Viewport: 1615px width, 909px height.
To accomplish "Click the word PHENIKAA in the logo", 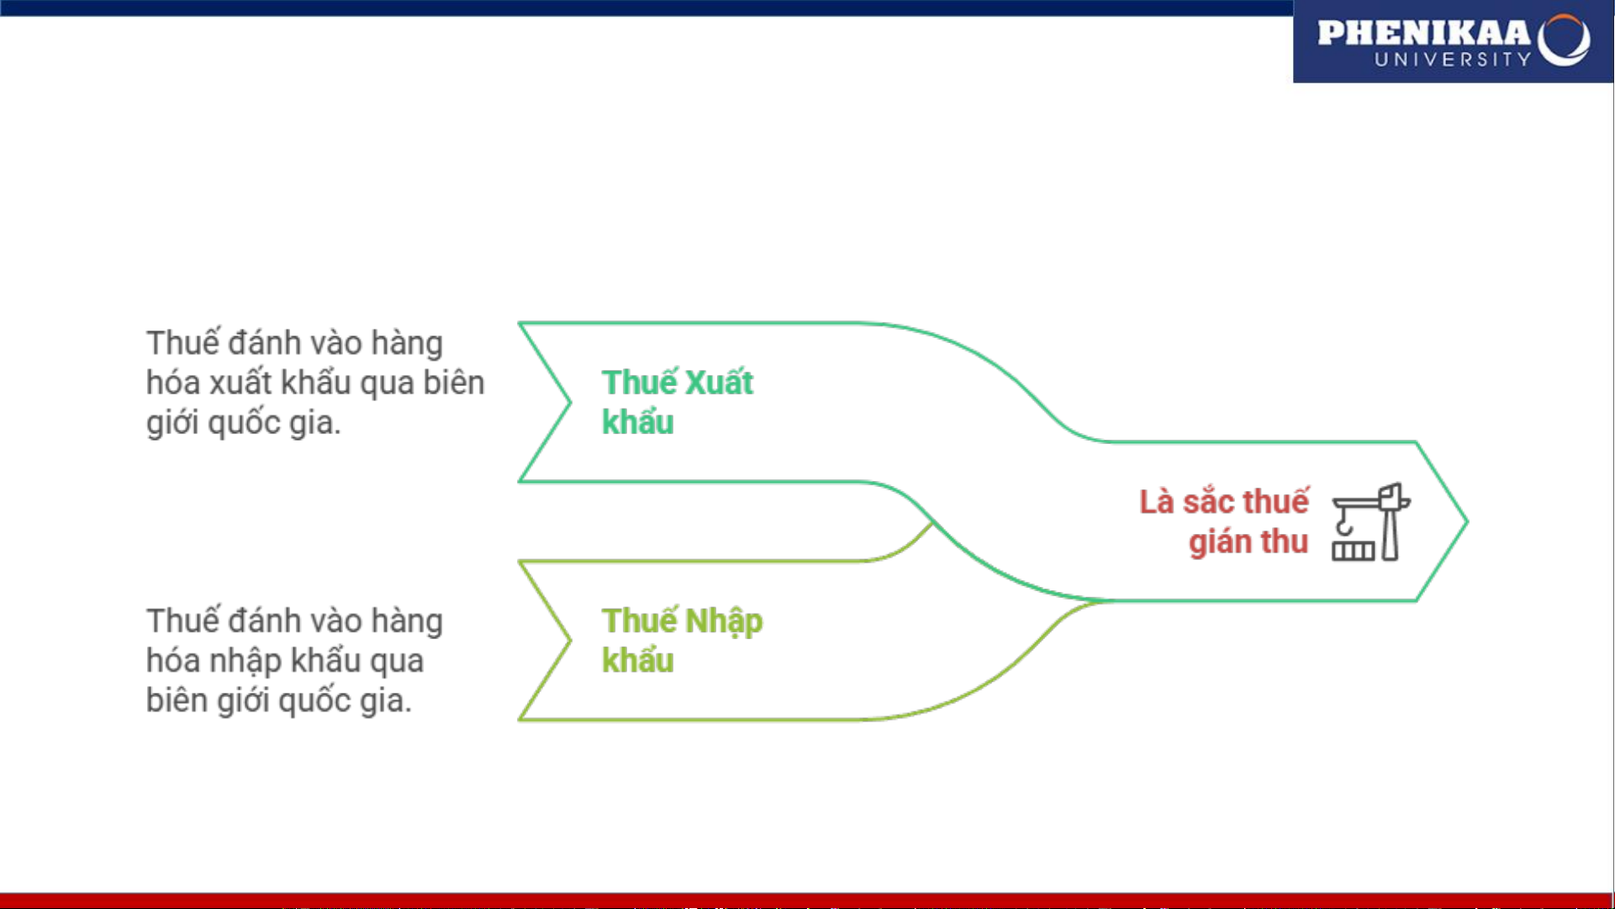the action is (1424, 34).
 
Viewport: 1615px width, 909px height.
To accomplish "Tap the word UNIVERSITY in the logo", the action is (1453, 59).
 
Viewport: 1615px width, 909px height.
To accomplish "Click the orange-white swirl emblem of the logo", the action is (1564, 40).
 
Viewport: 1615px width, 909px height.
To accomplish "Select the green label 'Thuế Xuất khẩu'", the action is (677, 403).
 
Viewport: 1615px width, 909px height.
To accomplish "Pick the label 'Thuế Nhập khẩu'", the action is (682, 641).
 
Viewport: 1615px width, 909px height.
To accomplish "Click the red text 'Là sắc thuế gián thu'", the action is (1224, 521).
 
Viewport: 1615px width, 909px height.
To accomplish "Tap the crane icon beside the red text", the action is (1371, 521).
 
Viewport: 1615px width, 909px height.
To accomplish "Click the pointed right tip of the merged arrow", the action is (1467, 521).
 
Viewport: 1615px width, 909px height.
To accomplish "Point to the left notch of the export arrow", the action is (571, 403).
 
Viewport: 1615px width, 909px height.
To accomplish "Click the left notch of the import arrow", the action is (571, 641).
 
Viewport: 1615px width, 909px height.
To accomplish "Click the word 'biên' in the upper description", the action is (454, 383).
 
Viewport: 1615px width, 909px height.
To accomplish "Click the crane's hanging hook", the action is (1344, 526).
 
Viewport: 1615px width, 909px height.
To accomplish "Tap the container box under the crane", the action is (1353, 551).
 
